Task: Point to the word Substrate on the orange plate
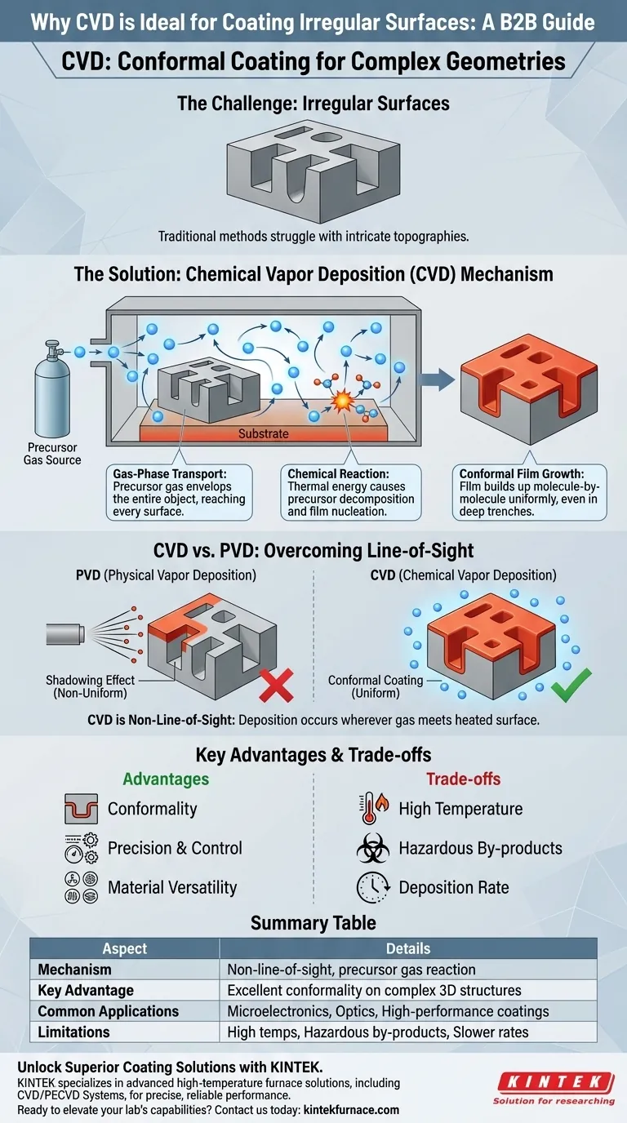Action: [x=263, y=433]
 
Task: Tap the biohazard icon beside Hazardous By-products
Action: [x=373, y=848]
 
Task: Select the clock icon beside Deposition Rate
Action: [x=373, y=887]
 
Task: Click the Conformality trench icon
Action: [x=81, y=809]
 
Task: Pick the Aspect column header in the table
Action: [x=125, y=948]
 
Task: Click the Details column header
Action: [x=408, y=948]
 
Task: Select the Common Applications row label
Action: [x=109, y=1011]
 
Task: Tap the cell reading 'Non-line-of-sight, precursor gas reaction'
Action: [x=351, y=970]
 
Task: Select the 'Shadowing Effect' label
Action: [x=91, y=680]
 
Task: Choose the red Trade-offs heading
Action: [x=463, y=779]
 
